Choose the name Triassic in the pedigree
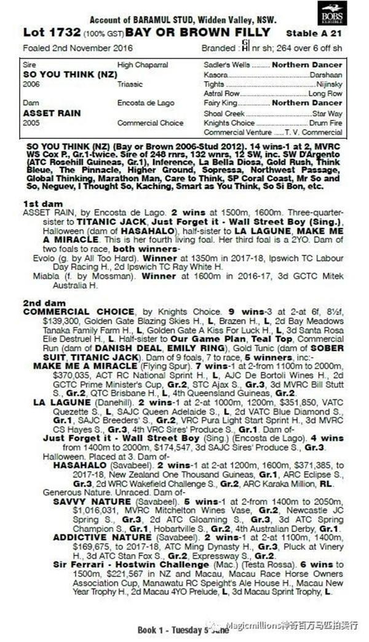[130, 84]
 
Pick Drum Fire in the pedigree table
[327, 123]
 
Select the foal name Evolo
[44, 259]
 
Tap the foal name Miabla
[46, 276]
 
